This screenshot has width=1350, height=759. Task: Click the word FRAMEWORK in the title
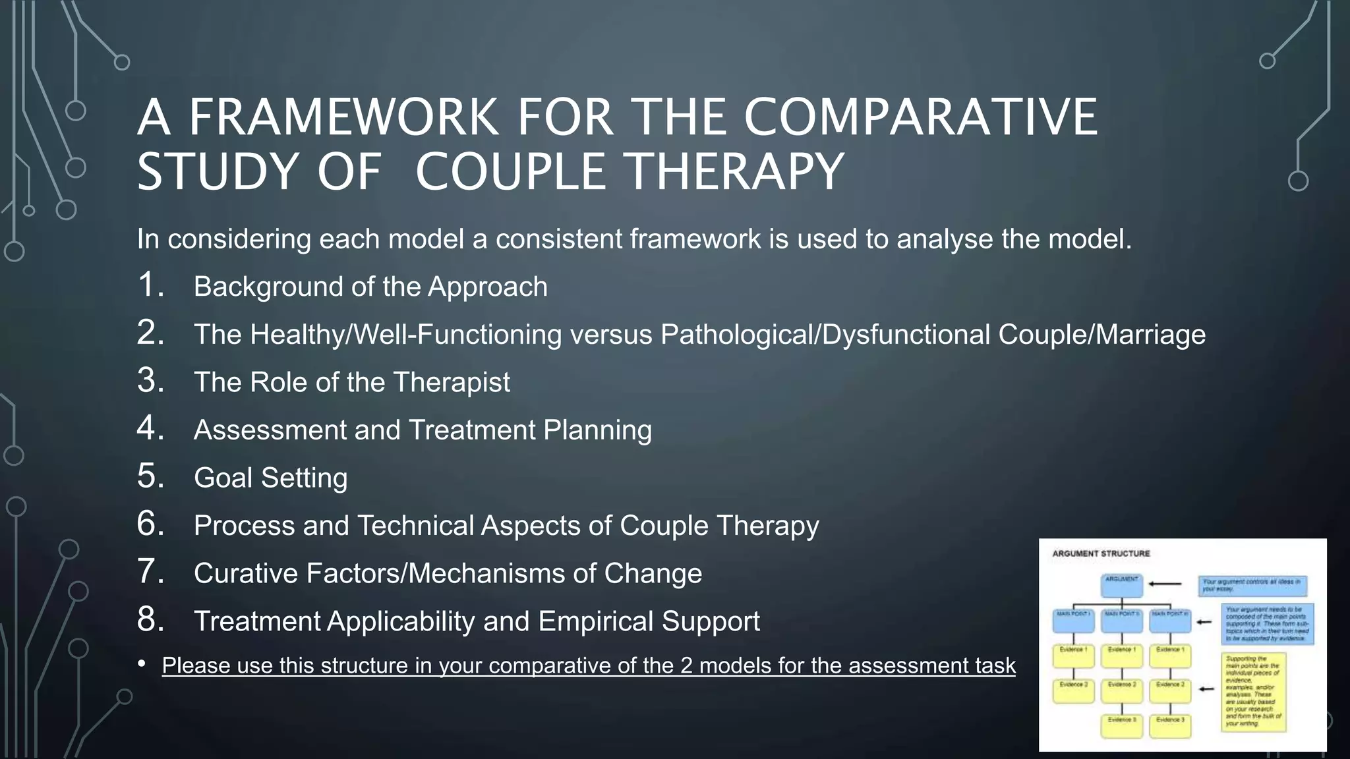343,117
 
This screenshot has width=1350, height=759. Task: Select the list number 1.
150,285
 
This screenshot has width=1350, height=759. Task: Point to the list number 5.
150,476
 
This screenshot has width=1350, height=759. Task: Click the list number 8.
150,619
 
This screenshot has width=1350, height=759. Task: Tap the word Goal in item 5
223,478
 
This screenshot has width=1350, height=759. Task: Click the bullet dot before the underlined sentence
142,664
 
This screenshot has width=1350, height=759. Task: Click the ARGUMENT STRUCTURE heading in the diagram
1101,553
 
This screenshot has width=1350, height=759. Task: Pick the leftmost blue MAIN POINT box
1073,621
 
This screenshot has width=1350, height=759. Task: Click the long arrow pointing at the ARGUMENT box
1165,584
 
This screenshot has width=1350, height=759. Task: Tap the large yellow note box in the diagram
1253,692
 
